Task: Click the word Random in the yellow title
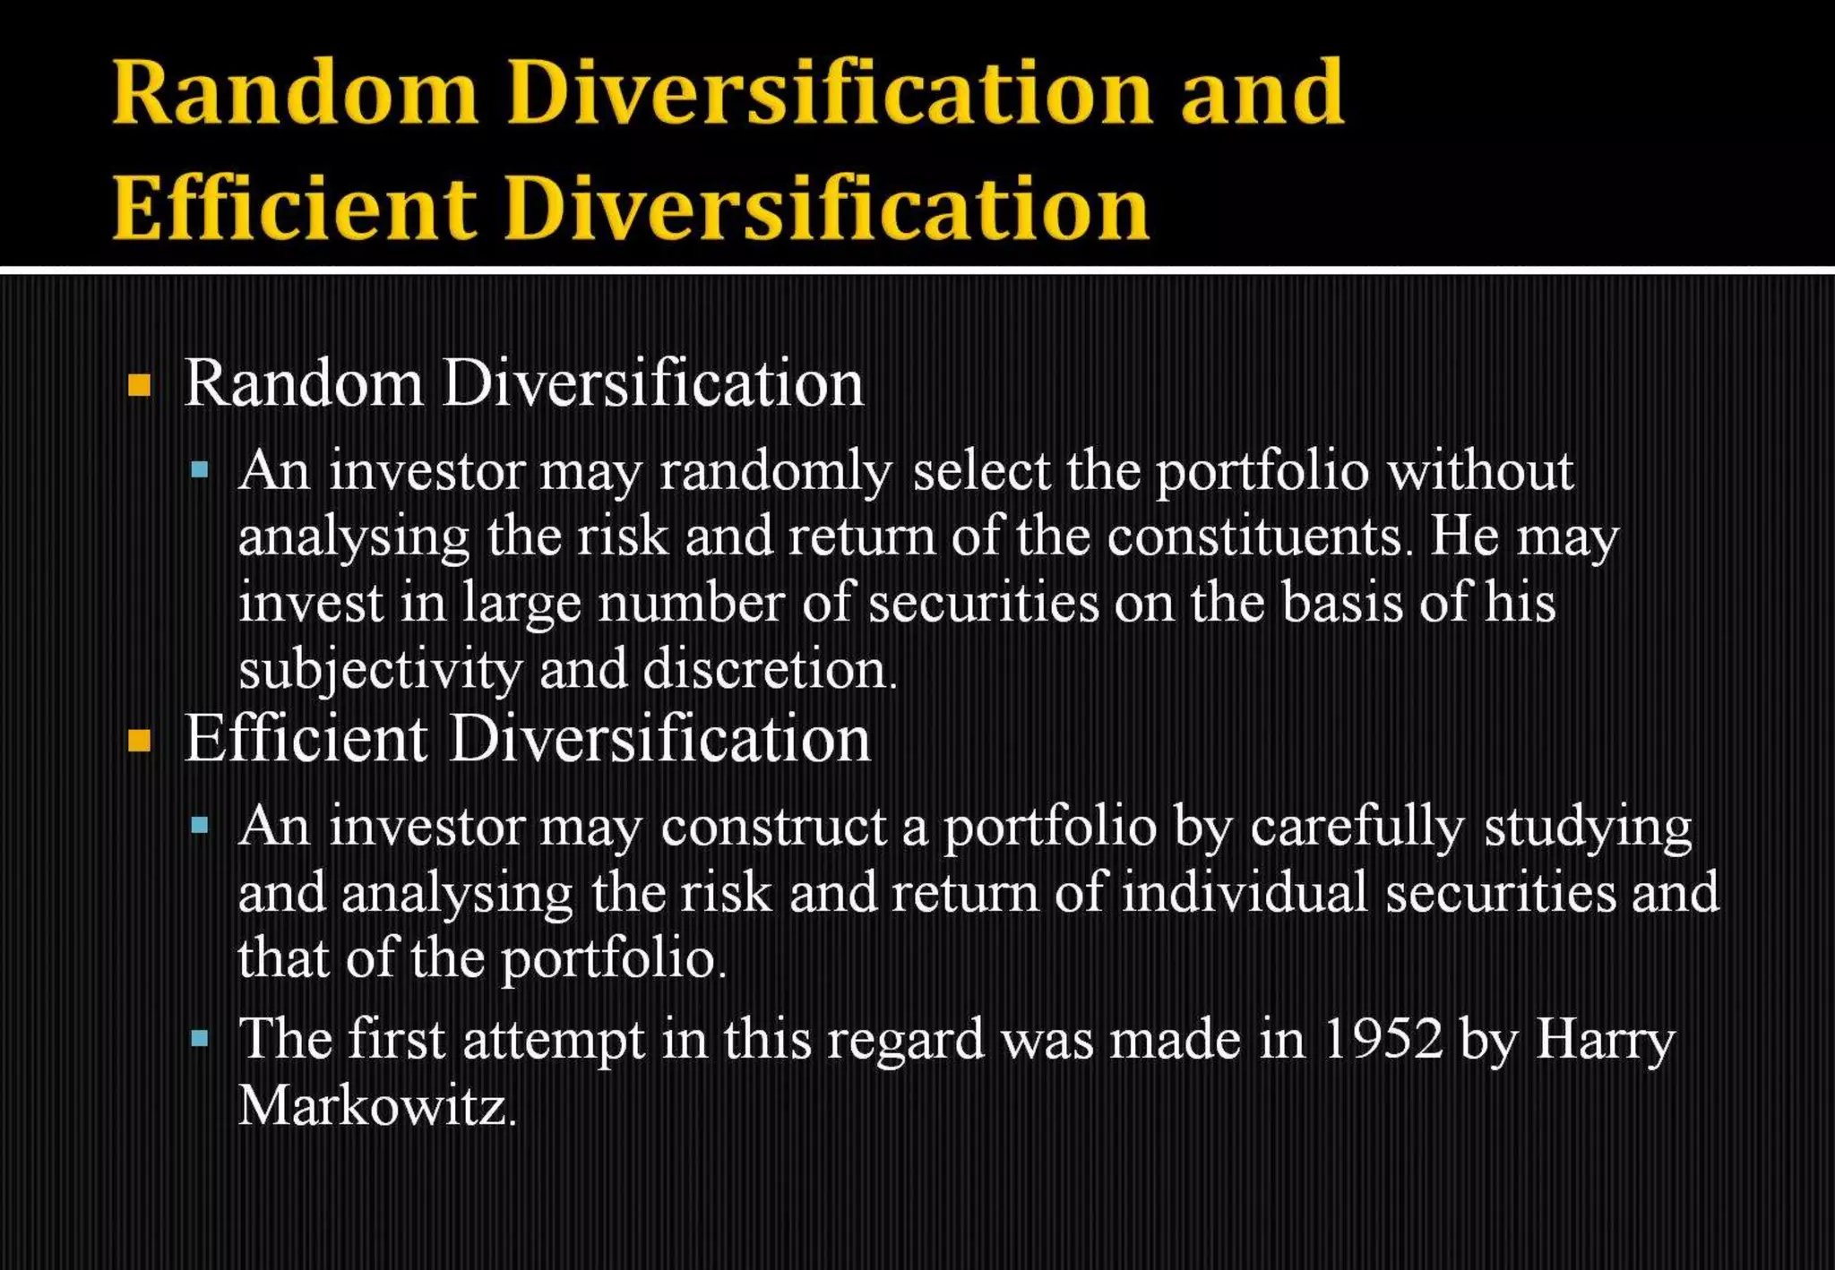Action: [296, 92]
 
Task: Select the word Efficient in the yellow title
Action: [294, 208]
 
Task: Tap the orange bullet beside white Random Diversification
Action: [140, 386]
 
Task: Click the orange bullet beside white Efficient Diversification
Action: [140, 742]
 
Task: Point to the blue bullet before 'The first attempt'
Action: [200, 1040]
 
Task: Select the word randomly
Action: [776, 472]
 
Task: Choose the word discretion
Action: [771, 669]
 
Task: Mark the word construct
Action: [774, 827]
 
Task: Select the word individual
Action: [1245, 893]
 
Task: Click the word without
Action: [1479, 471]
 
